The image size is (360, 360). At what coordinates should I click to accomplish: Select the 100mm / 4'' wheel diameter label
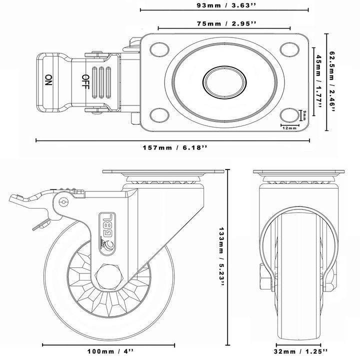pyautogui.click(x=108, y=351)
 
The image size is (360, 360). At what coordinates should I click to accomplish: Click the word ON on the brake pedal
pyautogui.click(x=48, y=80)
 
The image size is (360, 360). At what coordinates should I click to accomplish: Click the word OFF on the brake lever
pyautogui.click(x=85, y=80)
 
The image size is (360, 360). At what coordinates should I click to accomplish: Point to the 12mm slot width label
pyautogui.click(x=289, y=128)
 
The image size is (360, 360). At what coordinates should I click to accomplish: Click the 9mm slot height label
pyautogui.click(x=303, y=115)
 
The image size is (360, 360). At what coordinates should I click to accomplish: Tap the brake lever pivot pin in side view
pyautogui.click(x=63, y=201)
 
